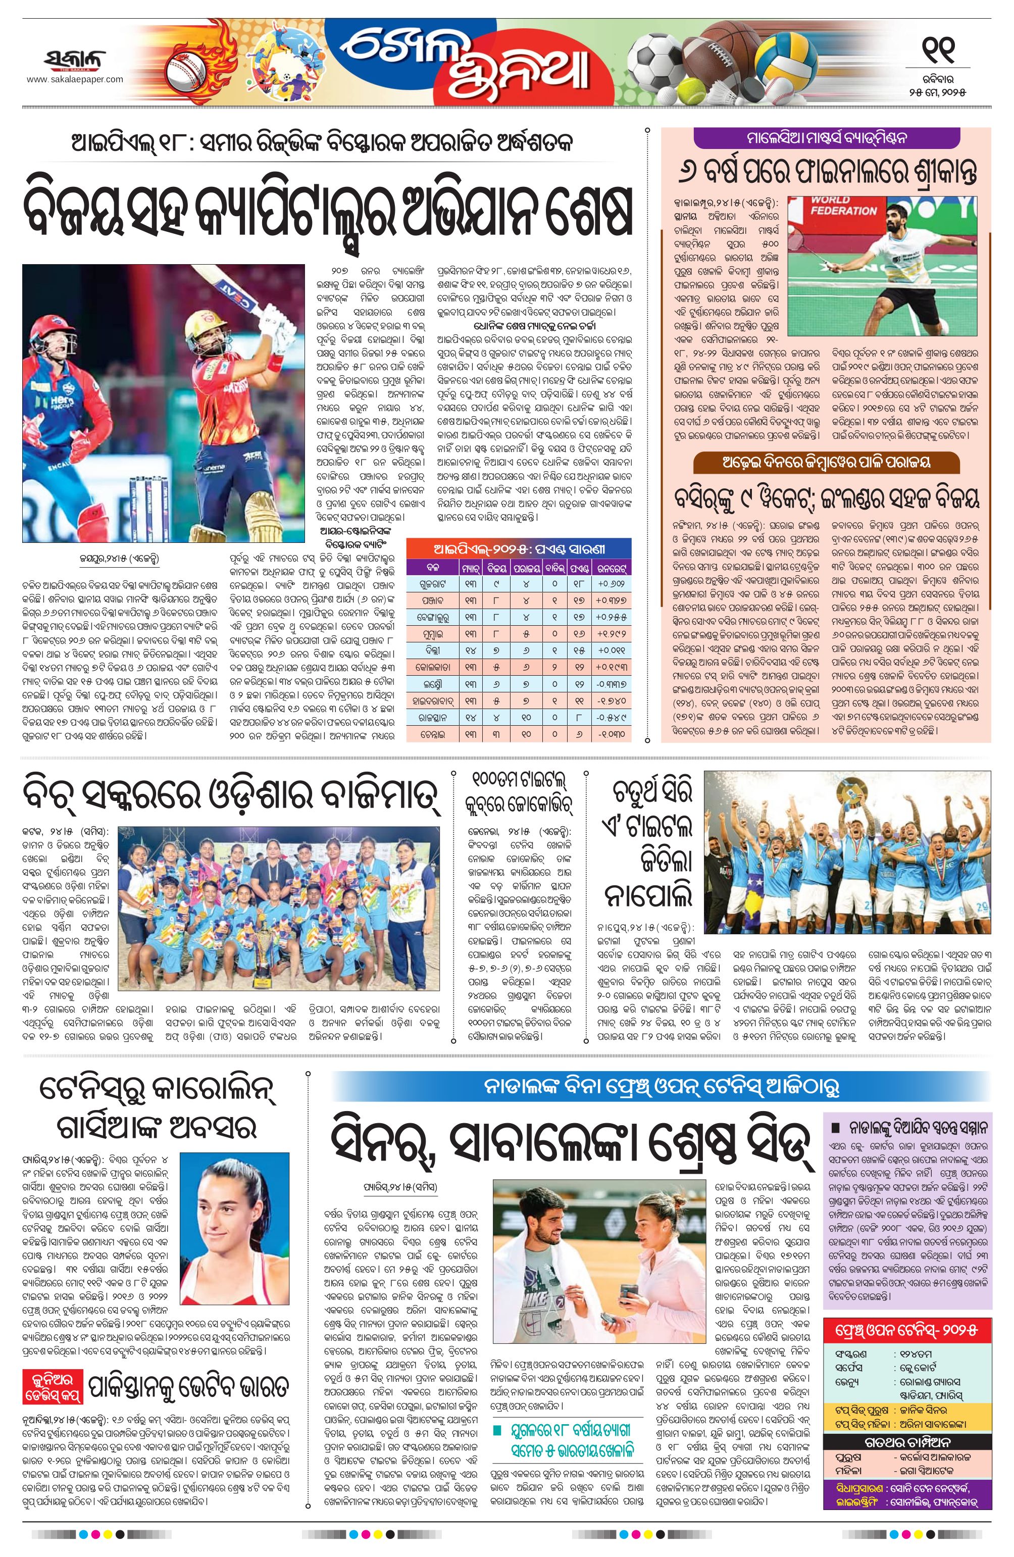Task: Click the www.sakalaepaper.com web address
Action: pos(75,80)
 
